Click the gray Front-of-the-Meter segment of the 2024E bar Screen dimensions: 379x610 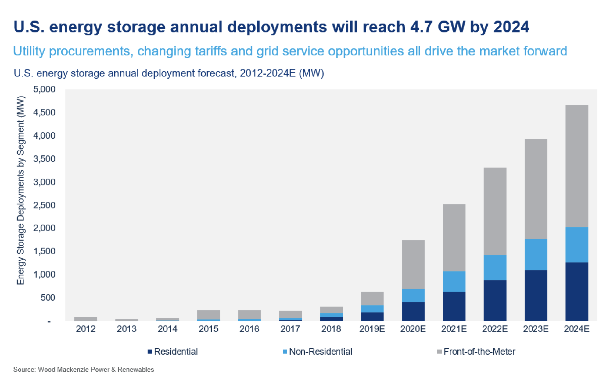(x=577, y=166)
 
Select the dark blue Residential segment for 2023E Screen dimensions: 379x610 (x=536, y=295)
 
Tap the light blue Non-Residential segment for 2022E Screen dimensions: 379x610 (x=495, y=267)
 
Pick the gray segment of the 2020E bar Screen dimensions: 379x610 (x=413, y=264)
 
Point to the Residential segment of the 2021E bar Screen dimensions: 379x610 (x=454, y=306)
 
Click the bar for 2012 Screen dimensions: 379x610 (x=86, y=319)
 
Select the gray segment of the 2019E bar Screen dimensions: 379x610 (x=372, y=298)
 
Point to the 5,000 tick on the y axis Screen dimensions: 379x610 (x=45, y=89)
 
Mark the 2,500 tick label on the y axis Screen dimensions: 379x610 (x=45, y=205)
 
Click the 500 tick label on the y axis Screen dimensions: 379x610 (x=48, y=297)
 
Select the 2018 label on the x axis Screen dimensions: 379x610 (x=331, y=329)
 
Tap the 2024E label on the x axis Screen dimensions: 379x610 (x=577, y=329)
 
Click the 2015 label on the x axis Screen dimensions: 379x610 (x=209, y=329)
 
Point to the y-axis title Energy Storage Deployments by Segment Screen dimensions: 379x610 (x=20, y=190)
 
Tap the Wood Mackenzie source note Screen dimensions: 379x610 (x=84, y=370)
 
